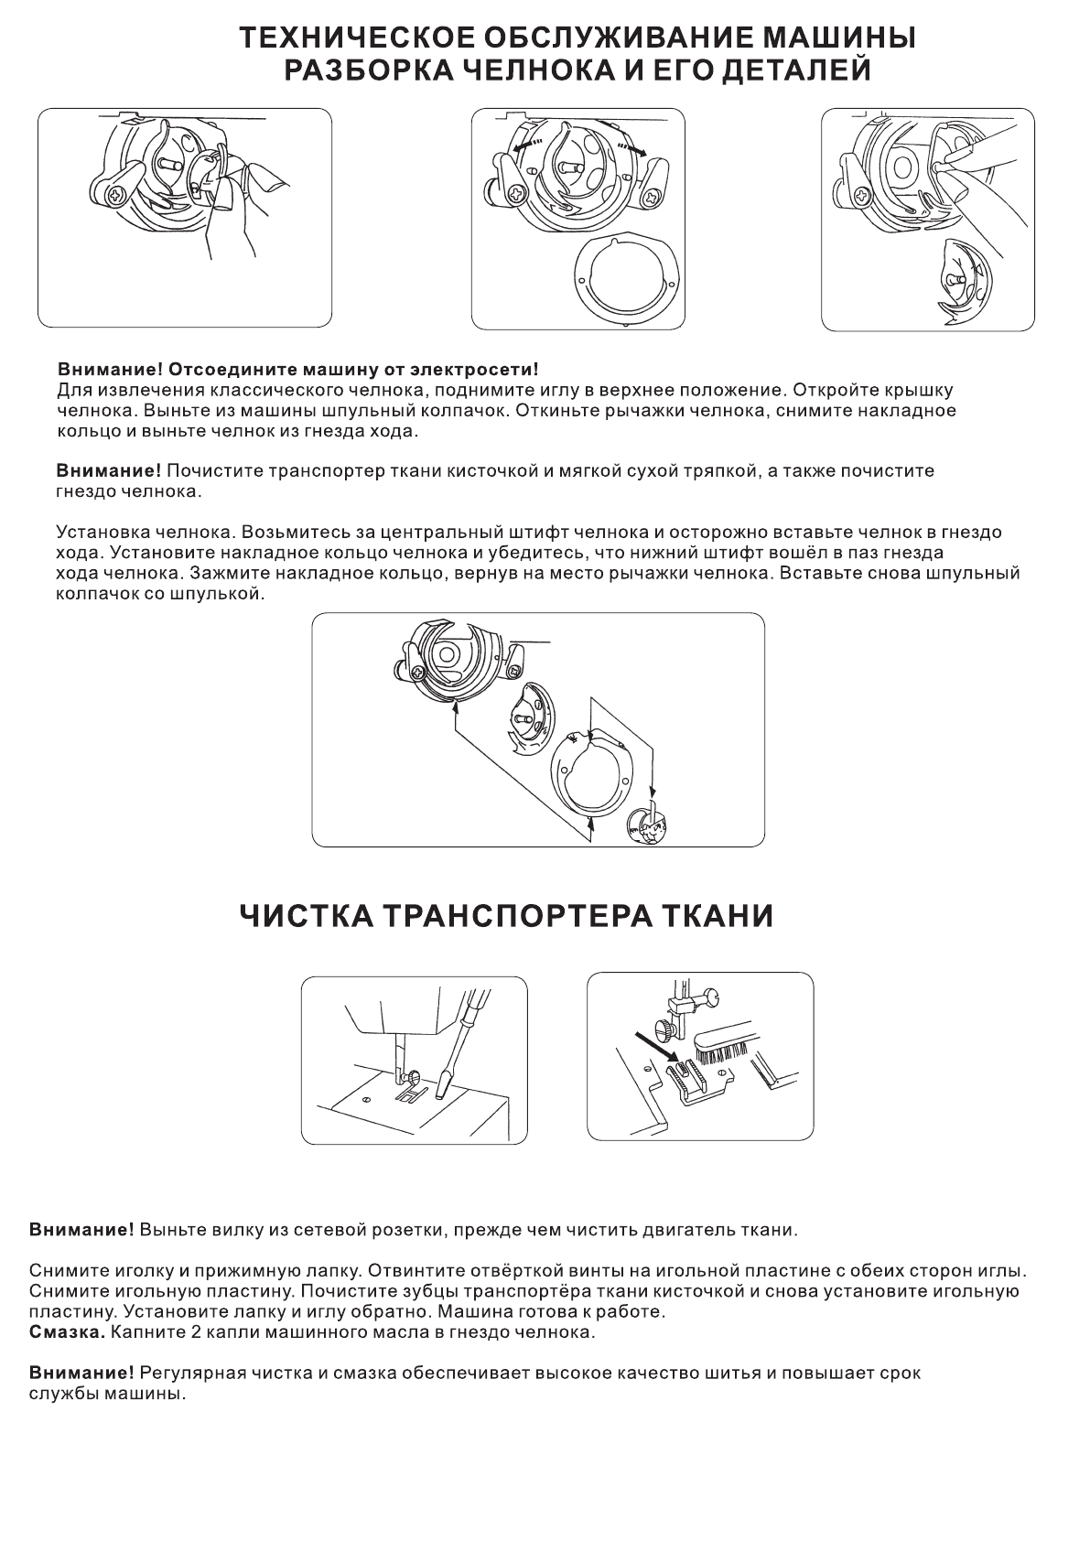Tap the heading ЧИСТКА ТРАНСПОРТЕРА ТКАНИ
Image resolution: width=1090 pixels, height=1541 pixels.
click(x=506, y=916)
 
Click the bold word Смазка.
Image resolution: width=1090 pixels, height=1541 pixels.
click(x=67, y=1332)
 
